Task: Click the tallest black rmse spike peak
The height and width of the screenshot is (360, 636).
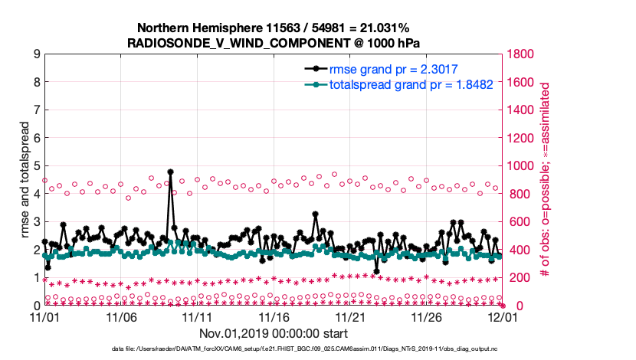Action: pyautogui.click(x=170, y=172)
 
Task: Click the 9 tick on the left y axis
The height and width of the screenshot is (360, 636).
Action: pyautogui.click(x=37, y=54)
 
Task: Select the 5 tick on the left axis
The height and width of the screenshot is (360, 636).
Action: pyautogui.click(x=37, y=165)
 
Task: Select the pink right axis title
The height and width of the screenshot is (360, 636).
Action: pyautogui.click(x=546, y=180)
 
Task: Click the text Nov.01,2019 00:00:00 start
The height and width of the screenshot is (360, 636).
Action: pyautogui.click(x=273, y=333)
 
